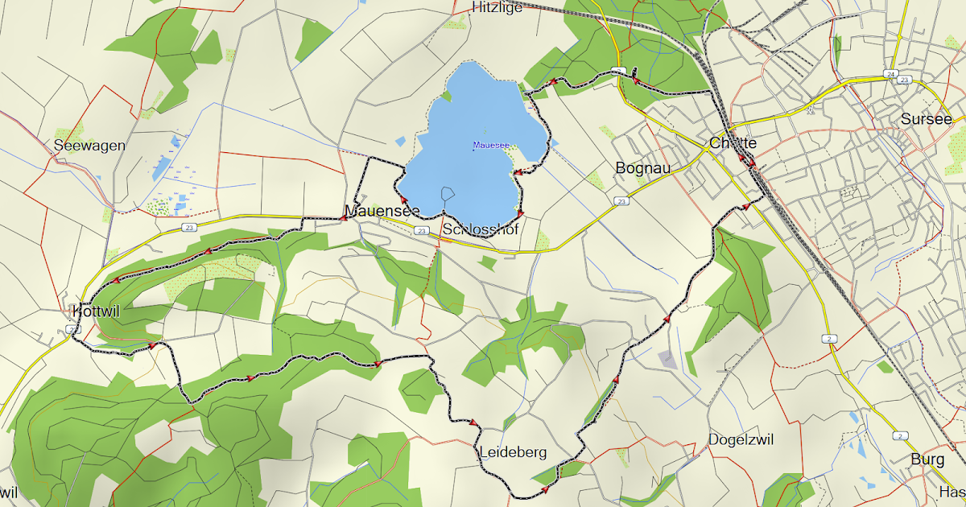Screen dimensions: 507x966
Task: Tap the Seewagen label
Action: [89, 146]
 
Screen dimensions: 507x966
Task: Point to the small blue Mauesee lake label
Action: [490, 146]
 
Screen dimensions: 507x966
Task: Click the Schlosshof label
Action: [480, 230]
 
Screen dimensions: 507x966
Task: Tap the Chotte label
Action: [733, 143]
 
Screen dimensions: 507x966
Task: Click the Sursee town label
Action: [926, 120]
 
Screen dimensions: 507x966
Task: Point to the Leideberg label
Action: [513, 452]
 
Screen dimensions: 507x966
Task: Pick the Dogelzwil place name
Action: [741, 439]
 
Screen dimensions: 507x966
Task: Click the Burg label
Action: [927, 460]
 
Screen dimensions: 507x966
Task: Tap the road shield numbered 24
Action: [890, 74]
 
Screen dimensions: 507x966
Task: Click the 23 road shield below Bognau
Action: [620, 201]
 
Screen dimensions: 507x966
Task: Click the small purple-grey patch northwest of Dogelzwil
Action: [667, 359]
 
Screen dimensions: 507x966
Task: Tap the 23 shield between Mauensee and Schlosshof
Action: [422, 231]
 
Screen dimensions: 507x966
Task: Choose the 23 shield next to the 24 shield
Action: [905, 80]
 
